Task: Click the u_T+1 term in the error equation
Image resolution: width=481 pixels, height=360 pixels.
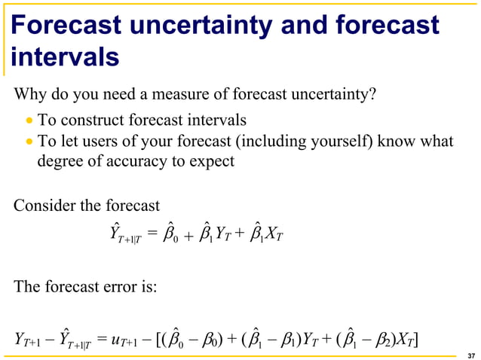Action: pyautogui.click(x=128, y=340)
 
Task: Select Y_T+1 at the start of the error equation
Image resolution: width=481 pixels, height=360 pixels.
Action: pyautogui.click(x=28, y=340)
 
